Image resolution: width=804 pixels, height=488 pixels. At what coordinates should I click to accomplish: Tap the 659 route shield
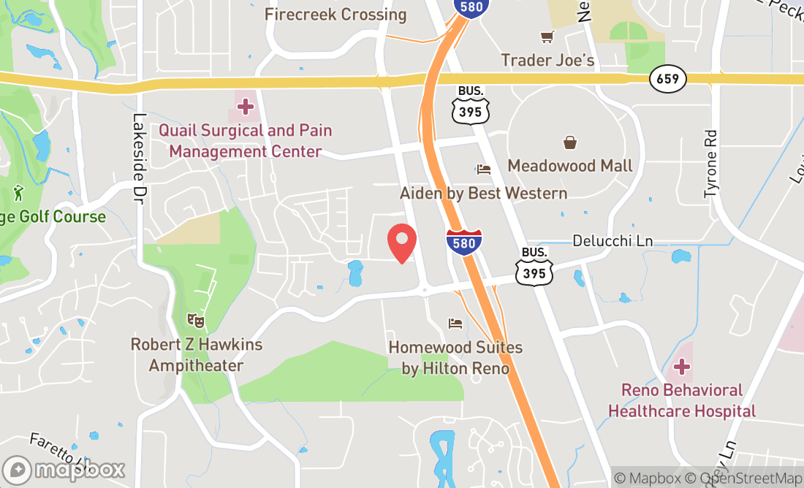pyautogui.click(x=668, y=80)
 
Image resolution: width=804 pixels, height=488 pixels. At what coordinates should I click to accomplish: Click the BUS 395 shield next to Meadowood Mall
pyautogui.click(x=470, y=104)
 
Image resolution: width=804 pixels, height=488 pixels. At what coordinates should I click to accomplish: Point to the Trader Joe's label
pyautogui.click(x=547, y=60)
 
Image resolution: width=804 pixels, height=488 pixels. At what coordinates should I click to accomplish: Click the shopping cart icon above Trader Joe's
pyautogui.click(x=547, y=37)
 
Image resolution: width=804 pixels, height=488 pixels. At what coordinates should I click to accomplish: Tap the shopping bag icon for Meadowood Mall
pyautogui.click(x=570, y=142)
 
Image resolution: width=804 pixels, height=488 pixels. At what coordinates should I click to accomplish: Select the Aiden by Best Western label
pyautogui.click(x=483, y=193)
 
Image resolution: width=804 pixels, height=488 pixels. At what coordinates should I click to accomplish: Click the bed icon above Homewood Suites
pyautogui.click(x=455, y=323)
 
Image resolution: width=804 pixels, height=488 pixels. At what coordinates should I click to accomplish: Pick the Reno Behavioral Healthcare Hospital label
pyautogui.click(x=682, y=401)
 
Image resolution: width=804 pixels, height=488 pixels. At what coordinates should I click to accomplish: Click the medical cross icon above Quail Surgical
pyautogui.click(x=246, y=107)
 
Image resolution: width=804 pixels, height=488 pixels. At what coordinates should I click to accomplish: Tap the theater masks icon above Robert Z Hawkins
pyautogui.click(x=195, y=320)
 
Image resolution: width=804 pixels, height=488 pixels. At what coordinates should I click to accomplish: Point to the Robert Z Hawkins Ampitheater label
pyautogui.click(x=196, y=354)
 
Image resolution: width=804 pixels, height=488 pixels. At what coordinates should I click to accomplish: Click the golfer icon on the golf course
pyautogui.click(x=18, y=194)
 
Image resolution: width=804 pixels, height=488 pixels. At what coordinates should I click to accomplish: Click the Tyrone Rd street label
pyautogui.click(x=711, y=164)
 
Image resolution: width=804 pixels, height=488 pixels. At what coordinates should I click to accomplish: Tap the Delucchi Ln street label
pyautogui.click(x=613, y=240)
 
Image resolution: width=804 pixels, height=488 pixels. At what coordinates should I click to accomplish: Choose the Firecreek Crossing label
pyautogui.click(x=335, y=14)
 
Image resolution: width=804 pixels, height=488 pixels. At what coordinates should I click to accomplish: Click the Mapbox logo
pyautogui.click(x=64, y=469)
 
